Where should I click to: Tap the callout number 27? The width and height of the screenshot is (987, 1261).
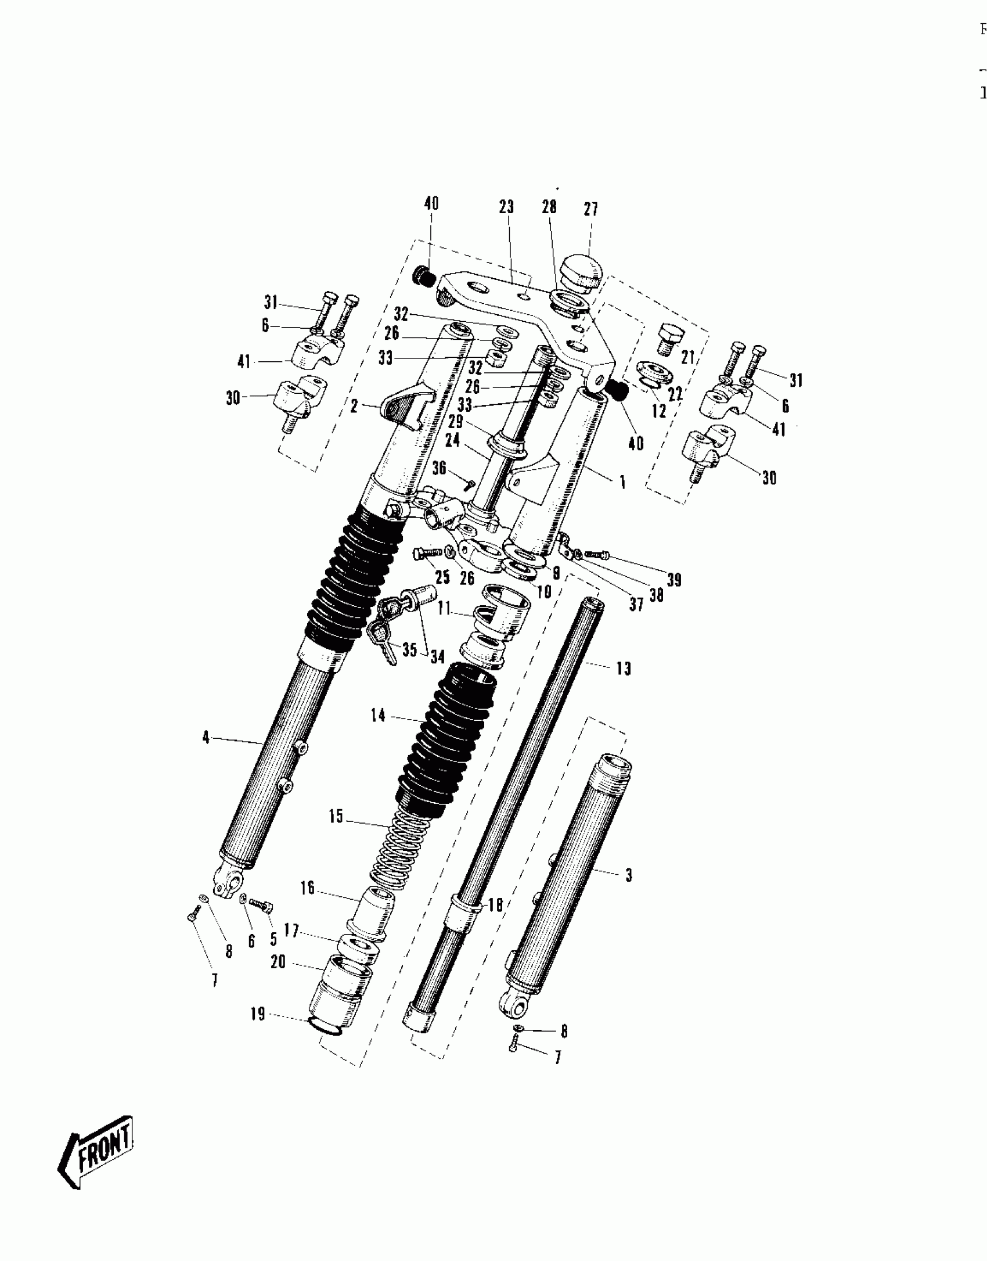tap(590, 209)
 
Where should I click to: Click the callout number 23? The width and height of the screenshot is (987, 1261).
tap(506, 207)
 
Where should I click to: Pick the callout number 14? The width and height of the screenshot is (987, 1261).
tap(378, 715)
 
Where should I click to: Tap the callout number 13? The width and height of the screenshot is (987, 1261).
tap(623, 669)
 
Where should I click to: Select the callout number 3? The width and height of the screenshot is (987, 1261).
tap(628, 875)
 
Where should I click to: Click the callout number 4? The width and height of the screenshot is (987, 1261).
tap(206, 738)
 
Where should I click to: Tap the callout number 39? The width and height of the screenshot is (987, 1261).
tap(673, 580)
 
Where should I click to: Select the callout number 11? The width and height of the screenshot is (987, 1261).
tap(444, 609)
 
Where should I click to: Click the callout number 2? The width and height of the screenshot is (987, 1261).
tap(354, 407)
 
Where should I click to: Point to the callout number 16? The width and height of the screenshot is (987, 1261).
tap(307, 888)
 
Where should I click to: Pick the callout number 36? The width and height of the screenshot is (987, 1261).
tap(439, 468)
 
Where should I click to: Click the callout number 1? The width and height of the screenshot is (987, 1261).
tap(622, 482)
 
